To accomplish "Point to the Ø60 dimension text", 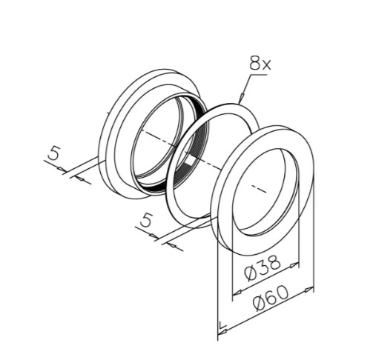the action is tap(271, 298).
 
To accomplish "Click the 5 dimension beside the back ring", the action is tap(53, 153).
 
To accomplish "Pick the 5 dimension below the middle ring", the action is tap(145, 220).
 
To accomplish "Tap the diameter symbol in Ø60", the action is tap(260, 303).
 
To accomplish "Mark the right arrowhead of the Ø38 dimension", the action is tap(294, 265).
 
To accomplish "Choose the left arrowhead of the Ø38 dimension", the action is tap(238, 293).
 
